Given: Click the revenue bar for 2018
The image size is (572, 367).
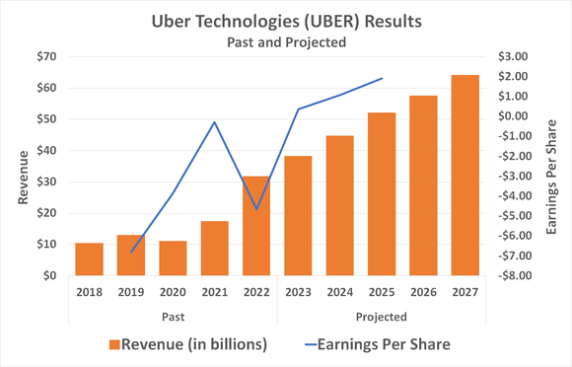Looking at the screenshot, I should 90,258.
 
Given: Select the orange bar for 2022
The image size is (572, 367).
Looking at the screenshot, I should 256,226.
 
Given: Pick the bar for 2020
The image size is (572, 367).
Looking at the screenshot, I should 174,257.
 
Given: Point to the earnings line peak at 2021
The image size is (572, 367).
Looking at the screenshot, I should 215,122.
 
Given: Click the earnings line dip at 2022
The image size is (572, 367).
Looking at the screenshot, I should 256,209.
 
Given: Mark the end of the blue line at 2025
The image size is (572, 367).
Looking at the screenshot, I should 382,78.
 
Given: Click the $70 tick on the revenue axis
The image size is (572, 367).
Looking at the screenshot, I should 43,56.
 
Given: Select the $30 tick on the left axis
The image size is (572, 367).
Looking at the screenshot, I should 43,182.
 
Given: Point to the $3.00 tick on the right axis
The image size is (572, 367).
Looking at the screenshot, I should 516,56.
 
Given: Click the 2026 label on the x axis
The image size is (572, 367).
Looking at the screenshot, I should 424,291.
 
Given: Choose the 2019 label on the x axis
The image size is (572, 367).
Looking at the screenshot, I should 131,291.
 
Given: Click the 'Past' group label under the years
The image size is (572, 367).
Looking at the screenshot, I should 173,316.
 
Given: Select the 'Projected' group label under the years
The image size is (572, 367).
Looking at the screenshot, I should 382,316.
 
